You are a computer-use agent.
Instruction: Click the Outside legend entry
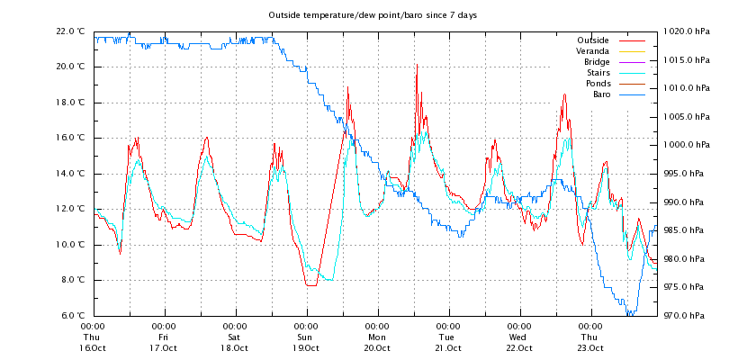click(x=592, y=40)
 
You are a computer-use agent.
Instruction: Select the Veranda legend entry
click(x=592, y=51)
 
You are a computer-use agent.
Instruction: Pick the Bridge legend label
click(x=594, y=62)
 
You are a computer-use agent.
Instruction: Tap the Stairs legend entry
click(x=596, y=73)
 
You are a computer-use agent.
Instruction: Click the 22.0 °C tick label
click(x=70, y=31)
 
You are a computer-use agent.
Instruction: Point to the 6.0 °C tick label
click(x=72, y=316)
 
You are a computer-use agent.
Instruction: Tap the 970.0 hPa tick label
click(x=688, y=316)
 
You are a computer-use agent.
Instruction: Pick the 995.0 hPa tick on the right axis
click(x=688, y=174)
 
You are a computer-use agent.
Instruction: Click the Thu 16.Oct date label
click(x=93, y=337)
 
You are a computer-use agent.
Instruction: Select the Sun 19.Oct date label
click(x=306, y=337)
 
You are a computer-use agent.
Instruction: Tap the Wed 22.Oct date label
click(x=518, y=337)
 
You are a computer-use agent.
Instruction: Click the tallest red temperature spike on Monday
click(x=417, y=66)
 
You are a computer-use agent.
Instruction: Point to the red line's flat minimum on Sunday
click(x=310, y=285)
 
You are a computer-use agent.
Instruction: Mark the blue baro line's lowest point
click(x=630, y=314)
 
